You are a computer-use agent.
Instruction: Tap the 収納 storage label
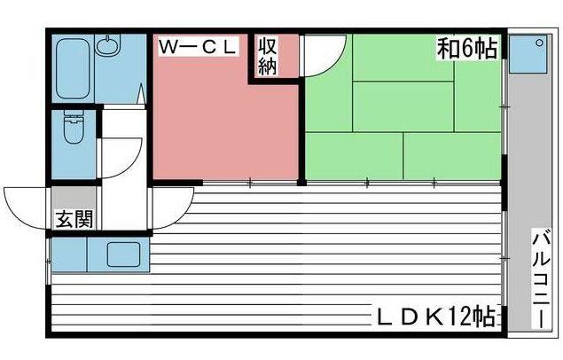[269, 56]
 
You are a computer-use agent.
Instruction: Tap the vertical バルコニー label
[539, 280]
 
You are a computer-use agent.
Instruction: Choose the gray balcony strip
[522, 177]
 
